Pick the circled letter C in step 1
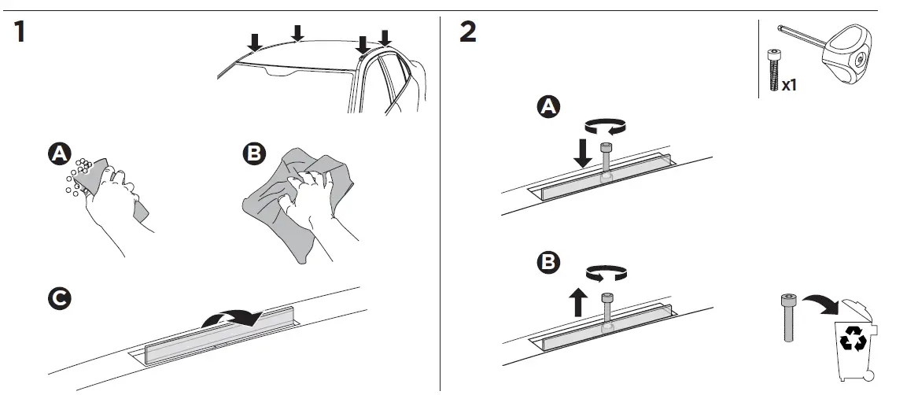[57, 299]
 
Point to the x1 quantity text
[789, 85]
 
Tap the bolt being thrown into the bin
[787, 317]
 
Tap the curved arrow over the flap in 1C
[230, 317]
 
